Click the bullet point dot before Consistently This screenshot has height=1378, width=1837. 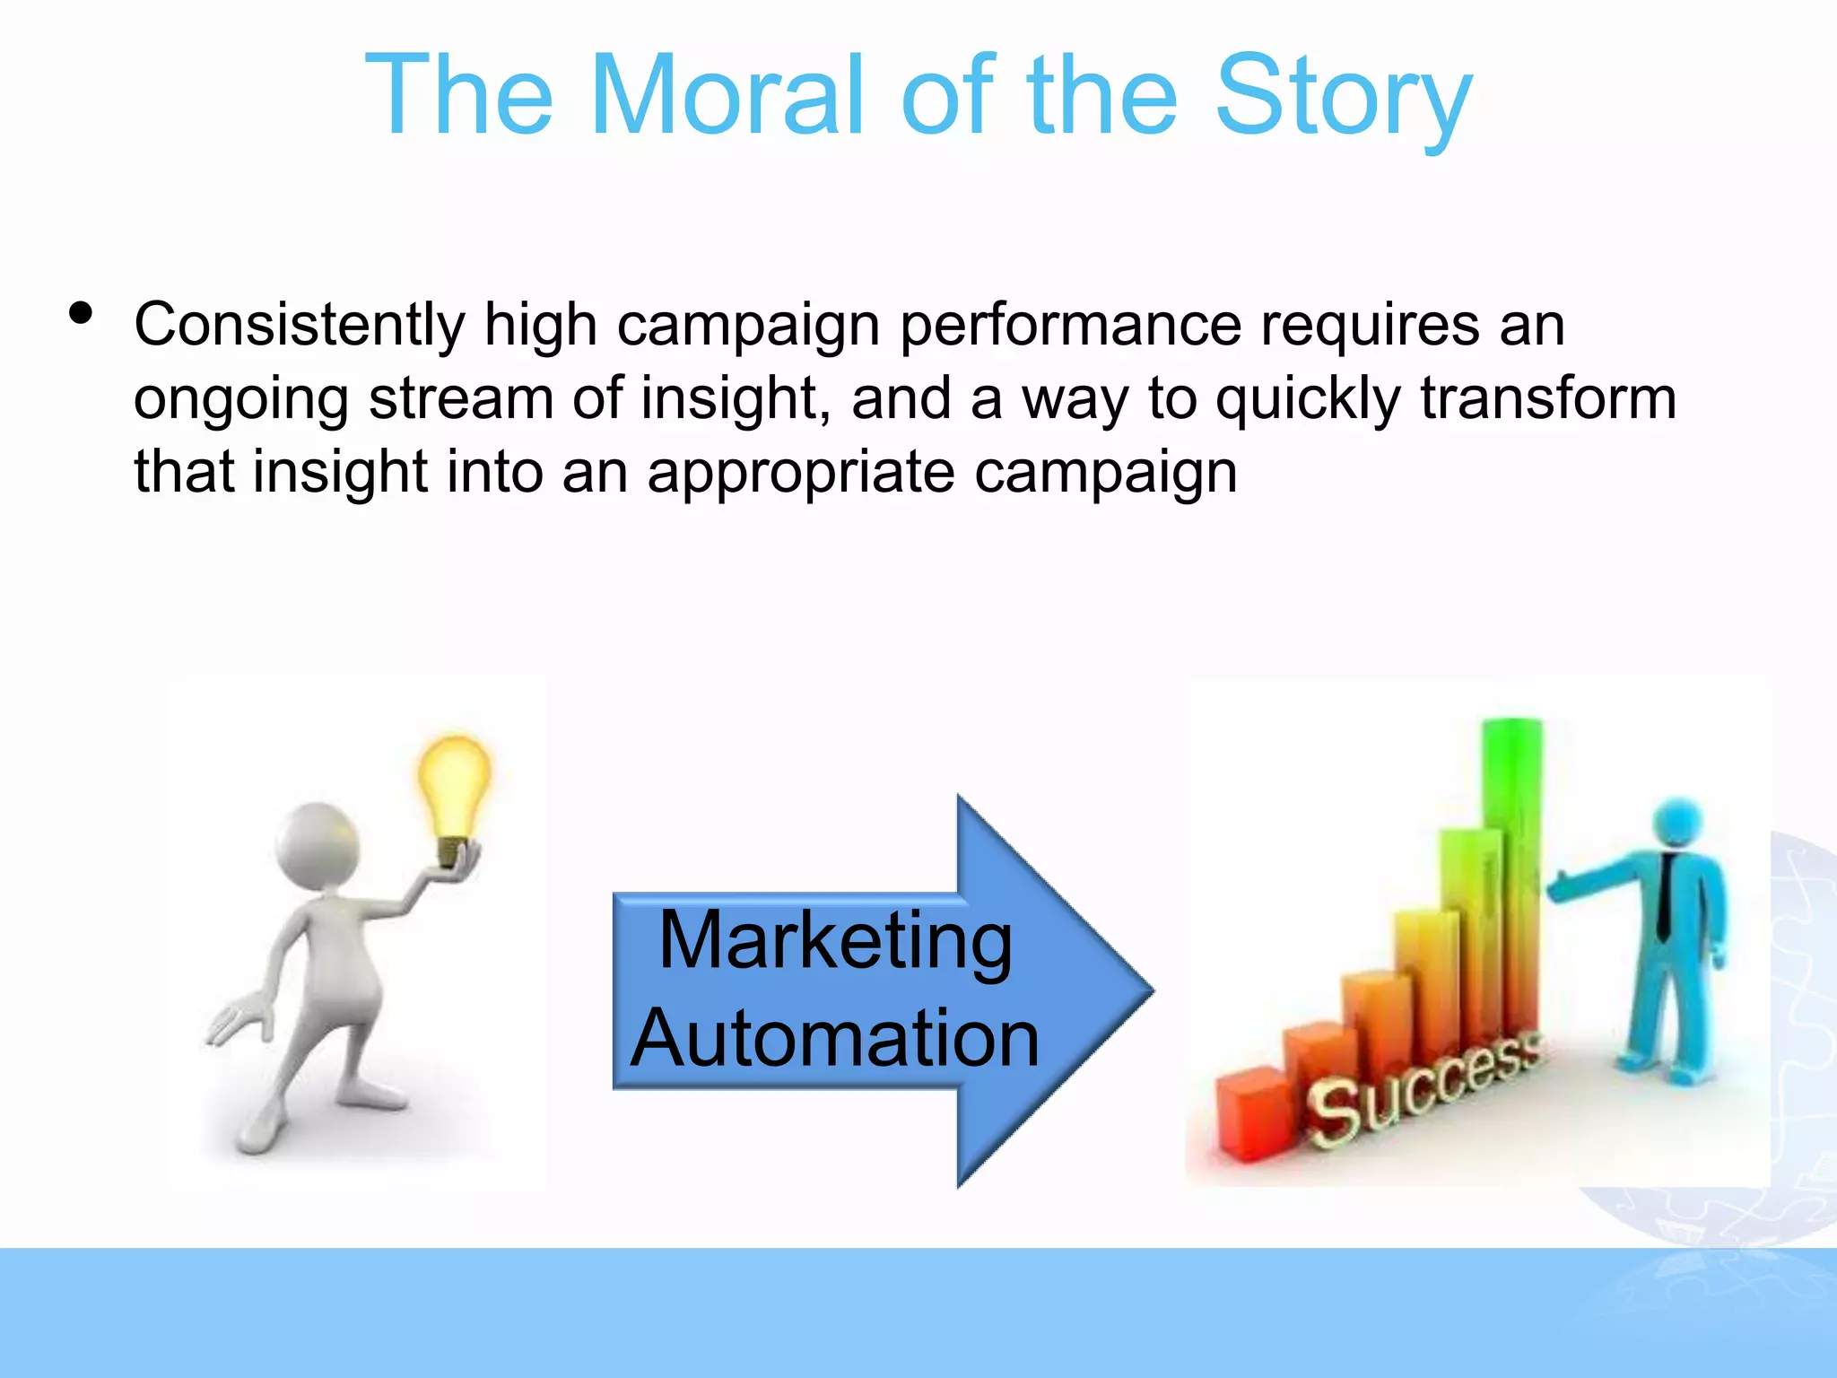coord(81,314)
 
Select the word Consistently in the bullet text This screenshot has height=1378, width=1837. coord(300,325)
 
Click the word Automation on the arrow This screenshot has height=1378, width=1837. coord(835,1038)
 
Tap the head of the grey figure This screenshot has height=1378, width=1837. coord(318,843)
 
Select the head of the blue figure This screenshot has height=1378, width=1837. coord(1676,822)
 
